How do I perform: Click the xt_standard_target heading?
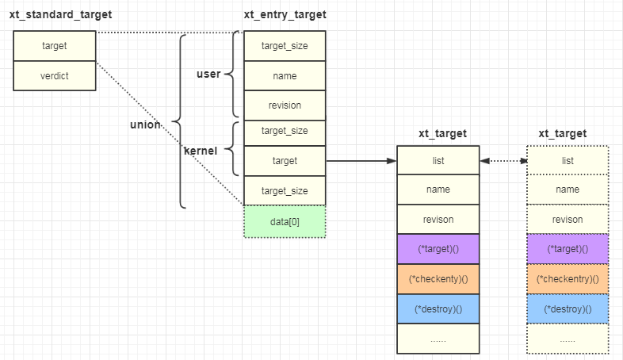[x=60, y=15]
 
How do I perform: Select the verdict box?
[x=55, y=76]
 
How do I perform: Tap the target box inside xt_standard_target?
[x=55, y=46]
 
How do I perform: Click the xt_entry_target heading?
[x=285, y=15]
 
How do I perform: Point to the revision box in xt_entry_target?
[x=285, y=105]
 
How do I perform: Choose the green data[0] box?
[x=285, y=222]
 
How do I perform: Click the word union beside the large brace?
[x=145, y=124]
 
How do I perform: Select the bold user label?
[x=208, y=74]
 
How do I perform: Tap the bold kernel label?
[x=201, y=151]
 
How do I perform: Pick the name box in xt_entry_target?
[x=285, y=76]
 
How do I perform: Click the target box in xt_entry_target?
[x=285, y=161]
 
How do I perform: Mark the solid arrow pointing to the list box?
[x=361, y=161]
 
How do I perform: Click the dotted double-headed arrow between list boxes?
[x=503, y=161]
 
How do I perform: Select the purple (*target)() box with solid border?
[x=438, y=249]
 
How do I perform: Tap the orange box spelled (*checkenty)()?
[x=438, y=279]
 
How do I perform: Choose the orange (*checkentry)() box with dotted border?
[x=568, y=279]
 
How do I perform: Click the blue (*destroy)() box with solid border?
[x=438, y=309]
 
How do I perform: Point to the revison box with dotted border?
[x=568, y=220]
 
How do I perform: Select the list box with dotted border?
[x=568, y=160]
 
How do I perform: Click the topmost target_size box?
[x=285, y=46]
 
